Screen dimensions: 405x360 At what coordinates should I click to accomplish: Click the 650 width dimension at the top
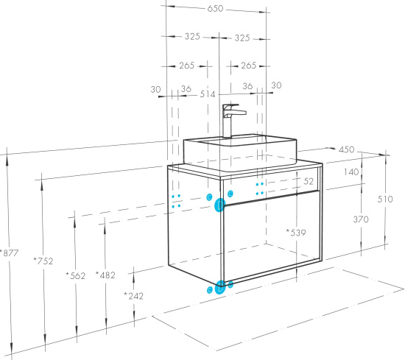pyautogui.click(x=215, y=9)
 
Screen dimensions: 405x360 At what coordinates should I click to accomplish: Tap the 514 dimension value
pyautogui.click(x=208, y=94)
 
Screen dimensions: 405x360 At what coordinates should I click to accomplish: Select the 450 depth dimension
pyautogui.click(x=346, y=149)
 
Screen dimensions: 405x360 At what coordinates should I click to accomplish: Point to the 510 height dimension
pyautogui.click(x=385, y=199)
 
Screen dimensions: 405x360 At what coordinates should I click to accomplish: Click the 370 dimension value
pyautogui.click(x=361, y=219)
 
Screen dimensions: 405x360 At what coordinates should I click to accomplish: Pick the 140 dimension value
pyautogui.click(x=351, y=172)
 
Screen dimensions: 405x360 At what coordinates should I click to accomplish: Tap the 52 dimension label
pyautogui.click(x=309, y=181)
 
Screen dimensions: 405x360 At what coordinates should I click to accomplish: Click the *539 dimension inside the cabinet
pyautogui.click(x=296, y=233)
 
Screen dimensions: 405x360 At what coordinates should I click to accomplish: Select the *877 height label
pyautogui.click(x=10, y=253)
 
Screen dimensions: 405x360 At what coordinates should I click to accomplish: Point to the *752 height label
pyautogui.click(x=43, y=261)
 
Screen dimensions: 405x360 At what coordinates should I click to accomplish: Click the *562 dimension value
pyautogui.click(x=75, y=275)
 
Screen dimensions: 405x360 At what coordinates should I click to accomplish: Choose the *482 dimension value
pyautogui.click(x=105, y=275)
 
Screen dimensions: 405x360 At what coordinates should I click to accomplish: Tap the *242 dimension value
pyautogui.click(x=133, y=296)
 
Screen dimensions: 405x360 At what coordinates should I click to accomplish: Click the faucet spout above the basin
pyautogui.click(x=238, y=112)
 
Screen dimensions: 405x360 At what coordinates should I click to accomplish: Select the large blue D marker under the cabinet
pyautogui.click(x=220, y=287)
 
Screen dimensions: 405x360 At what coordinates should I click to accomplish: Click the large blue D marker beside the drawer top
pyautogui.click(x=220, y=205)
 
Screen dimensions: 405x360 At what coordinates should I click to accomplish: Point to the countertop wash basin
pyautogui.click(x=240, y=152)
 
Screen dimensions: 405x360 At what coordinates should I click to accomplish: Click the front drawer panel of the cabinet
pyautogui.click(x=272, y=236)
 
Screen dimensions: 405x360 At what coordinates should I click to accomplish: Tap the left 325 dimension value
pyautogui.click(x=192, y=36)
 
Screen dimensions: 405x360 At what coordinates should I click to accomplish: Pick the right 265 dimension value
pyautogui.click(x=248, y=66)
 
